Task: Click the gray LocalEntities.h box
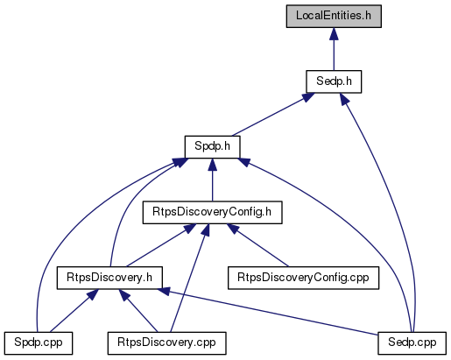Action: click(334, 17)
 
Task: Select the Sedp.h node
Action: click(334, 81)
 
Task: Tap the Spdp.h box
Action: click(212, 147)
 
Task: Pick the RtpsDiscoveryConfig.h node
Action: click(212, 212)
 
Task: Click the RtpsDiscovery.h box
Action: click(109, 278)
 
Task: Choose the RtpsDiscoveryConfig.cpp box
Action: click(303, 278)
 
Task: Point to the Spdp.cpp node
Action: click(39, 343)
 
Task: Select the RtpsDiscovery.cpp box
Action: click(166, 343)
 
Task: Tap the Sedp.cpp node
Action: click(412, 343)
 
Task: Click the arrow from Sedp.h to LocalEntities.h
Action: click(334, 49)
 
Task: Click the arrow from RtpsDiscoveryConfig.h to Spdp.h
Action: click(212, 180)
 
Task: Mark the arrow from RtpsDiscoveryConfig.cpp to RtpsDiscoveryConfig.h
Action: click(258, 245)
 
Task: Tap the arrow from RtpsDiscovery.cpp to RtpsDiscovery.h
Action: click(138, 311)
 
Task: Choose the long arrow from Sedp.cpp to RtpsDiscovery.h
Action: click(269, 312)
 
